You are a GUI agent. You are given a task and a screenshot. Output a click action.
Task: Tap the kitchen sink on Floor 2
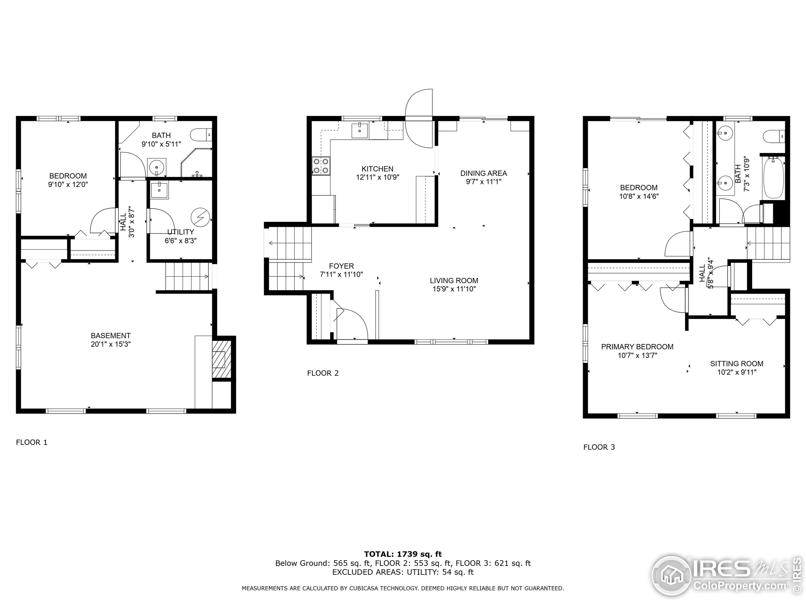[x=360, y=130]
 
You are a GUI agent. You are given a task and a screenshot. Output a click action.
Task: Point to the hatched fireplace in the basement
[x=221, y=360]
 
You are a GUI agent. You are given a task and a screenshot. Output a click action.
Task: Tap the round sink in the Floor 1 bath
[x=157, y=168]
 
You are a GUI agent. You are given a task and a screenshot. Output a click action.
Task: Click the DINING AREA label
[x=484, y=173]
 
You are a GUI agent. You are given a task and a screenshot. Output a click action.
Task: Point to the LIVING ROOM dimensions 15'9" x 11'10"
[x=454, y=289]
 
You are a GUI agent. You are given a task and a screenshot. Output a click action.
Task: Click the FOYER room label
[x=341, y=266]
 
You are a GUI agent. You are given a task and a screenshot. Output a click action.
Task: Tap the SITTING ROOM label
[x=737, y=364]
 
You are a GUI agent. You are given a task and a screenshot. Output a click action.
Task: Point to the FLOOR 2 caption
[x=323, y=373]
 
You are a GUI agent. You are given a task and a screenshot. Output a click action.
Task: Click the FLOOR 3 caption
[x=599, y=447]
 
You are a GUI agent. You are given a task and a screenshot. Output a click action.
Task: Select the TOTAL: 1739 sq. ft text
[x=403, y=554]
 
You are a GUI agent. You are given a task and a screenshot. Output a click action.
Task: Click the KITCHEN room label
[x=377, y=169]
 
